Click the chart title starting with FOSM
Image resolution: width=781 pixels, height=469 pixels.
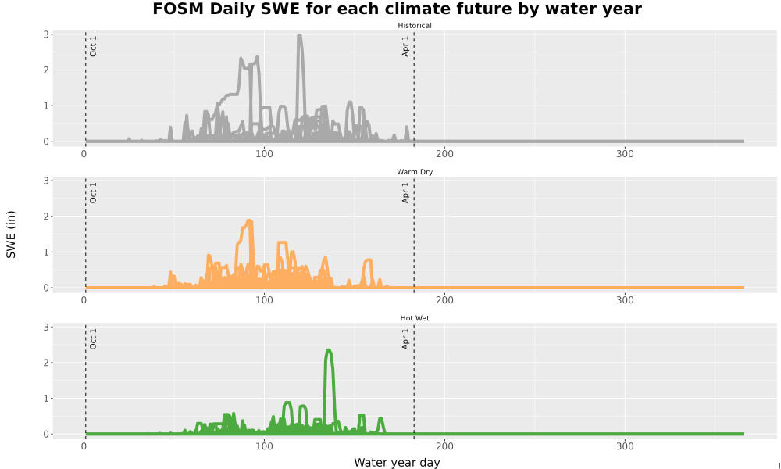[397, 9]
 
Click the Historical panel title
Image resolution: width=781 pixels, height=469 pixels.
[415, 26]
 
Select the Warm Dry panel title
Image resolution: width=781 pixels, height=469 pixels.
[415, 172]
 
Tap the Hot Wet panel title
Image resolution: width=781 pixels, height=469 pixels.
[415, 318]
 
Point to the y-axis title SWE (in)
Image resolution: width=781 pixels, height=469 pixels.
[11, 234]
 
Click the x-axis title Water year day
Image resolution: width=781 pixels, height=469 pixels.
[397, 463]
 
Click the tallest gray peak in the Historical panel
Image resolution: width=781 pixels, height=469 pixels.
[299, 36]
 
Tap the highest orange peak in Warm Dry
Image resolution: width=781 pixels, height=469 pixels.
[249, 221]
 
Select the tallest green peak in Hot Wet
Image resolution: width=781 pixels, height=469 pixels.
[328, 351]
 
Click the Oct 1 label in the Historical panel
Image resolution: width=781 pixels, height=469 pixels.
[93, 46]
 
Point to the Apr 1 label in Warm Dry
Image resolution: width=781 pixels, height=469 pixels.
[405, 192]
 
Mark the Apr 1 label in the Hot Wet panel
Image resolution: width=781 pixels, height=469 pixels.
[405, 339]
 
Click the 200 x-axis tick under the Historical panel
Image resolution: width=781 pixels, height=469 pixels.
[444, 154]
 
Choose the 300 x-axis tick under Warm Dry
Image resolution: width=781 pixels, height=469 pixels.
[625, 300]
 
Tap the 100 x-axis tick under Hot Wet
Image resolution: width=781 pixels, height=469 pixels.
[264, 446]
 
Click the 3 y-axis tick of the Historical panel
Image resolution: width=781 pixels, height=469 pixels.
[46, 34]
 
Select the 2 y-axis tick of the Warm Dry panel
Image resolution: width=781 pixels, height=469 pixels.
[46, 217]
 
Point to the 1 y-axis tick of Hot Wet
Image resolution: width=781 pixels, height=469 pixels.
[46, 398]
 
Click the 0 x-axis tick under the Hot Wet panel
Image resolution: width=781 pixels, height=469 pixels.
[84, 446]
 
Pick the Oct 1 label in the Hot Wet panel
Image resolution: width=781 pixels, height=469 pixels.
[93, 339]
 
